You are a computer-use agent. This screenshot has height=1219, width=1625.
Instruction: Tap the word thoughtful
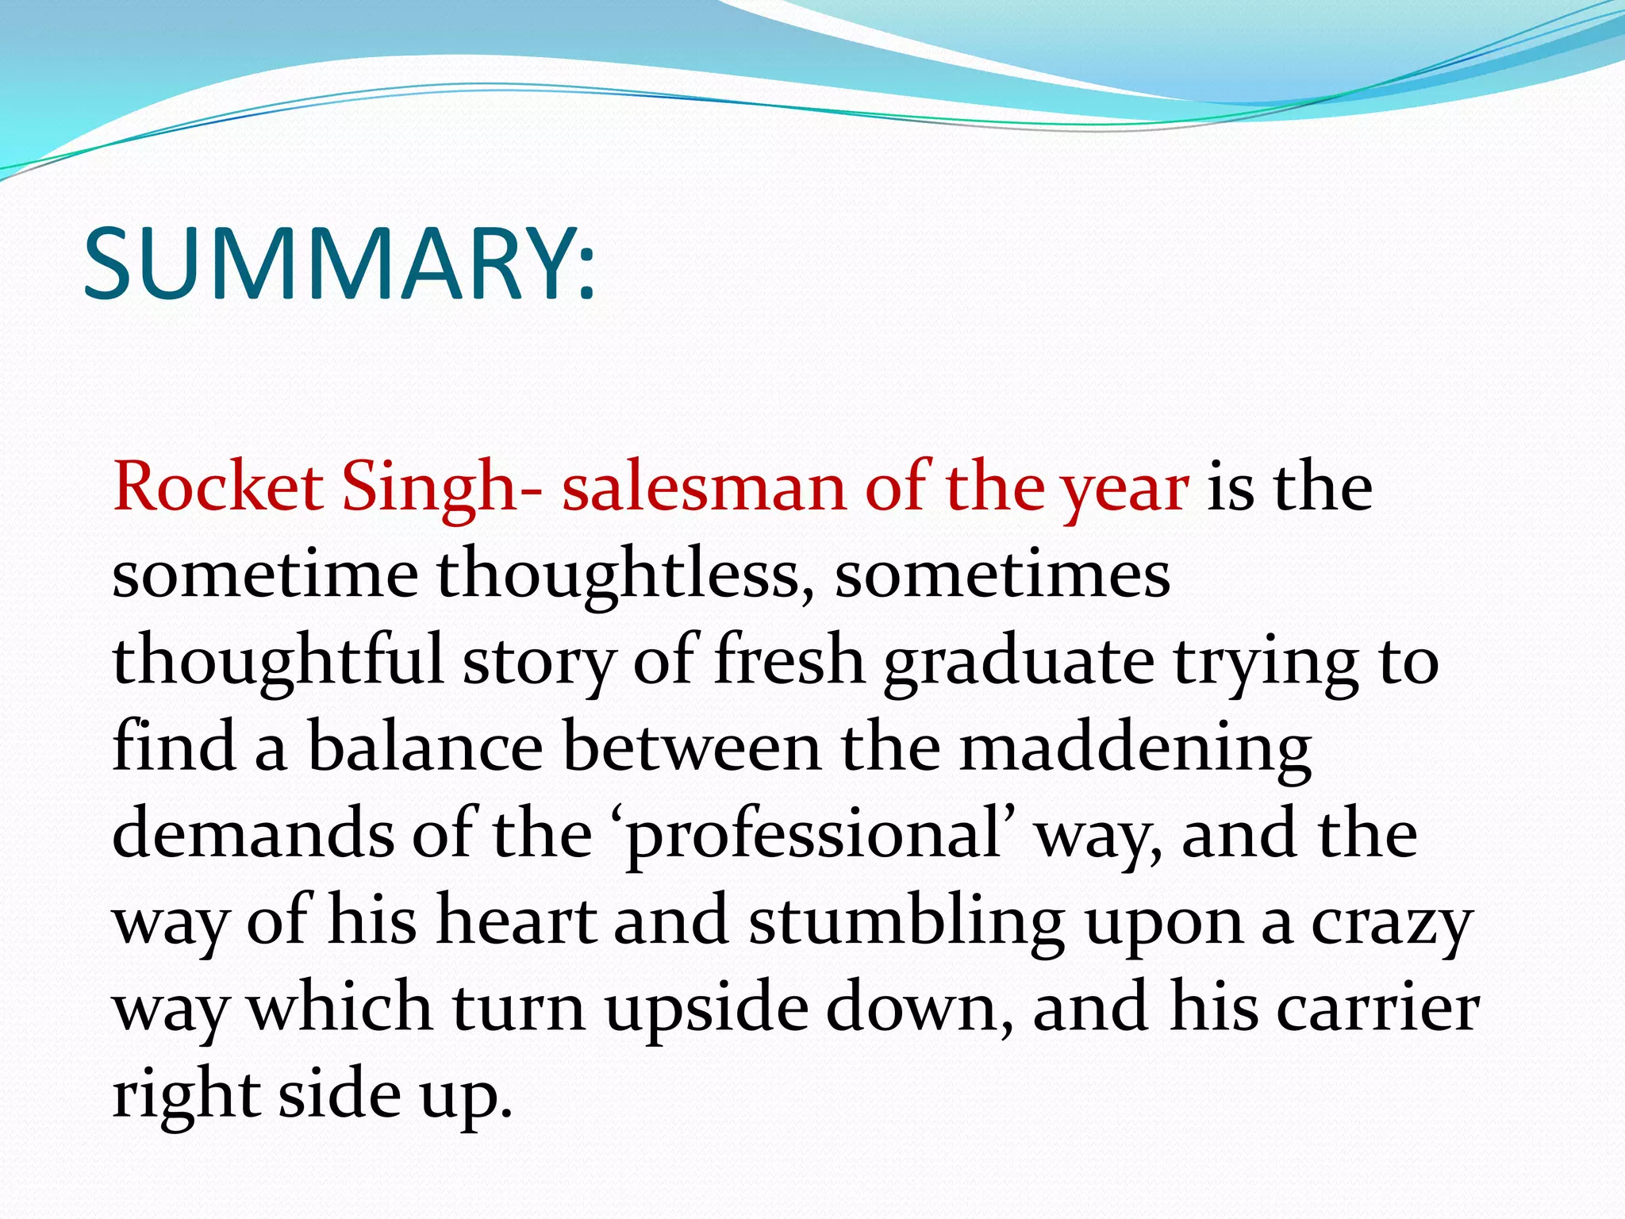click(278, 661)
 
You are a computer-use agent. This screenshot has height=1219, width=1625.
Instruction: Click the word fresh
click(789, 661)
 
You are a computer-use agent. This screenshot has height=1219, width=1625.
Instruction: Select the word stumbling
click(907, 922)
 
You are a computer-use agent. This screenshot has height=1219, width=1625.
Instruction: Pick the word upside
click(705, 1009)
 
